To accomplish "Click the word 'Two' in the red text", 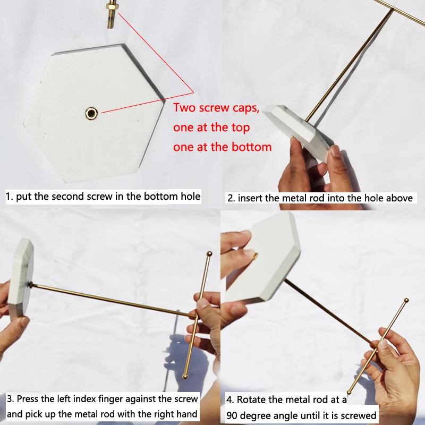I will pos(185,108).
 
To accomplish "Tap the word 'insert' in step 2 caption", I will pos(250,198).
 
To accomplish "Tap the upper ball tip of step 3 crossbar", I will pos(209,254).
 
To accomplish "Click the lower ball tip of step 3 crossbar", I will pos(185,376).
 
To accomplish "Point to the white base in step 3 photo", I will pos(21,279).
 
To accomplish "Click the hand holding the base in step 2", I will pos(308,170).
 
